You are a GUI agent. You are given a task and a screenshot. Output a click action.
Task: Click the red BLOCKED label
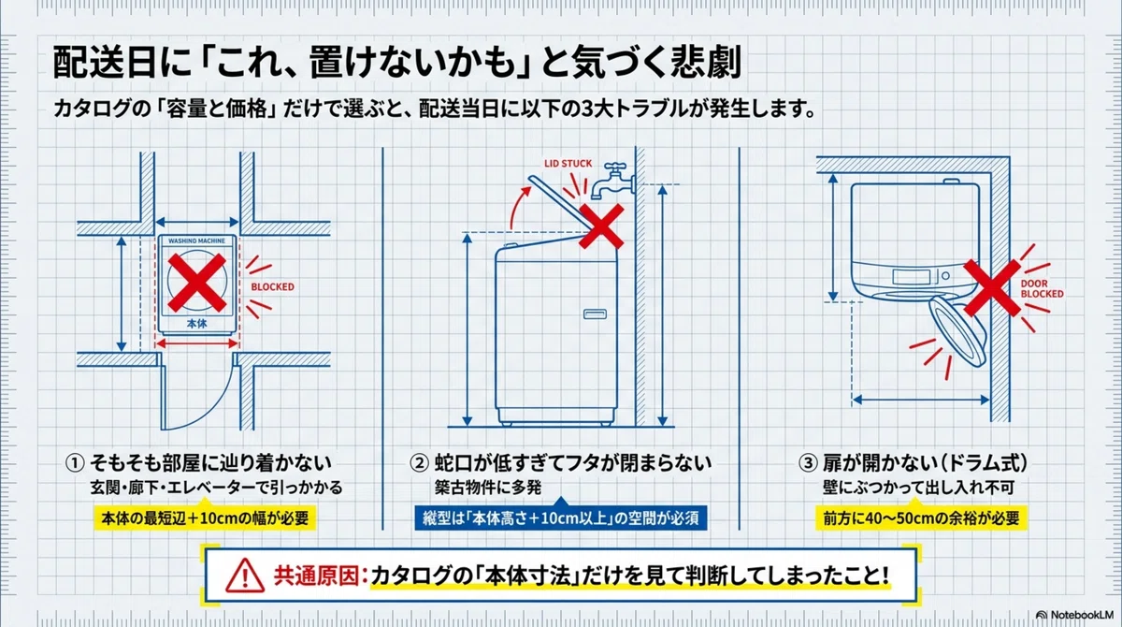click(272, 286)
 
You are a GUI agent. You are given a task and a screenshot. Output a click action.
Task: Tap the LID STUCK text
click(568, 164)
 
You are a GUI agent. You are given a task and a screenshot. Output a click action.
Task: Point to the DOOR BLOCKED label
click(1042, 288)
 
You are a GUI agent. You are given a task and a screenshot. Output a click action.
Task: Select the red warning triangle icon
click(245, 576)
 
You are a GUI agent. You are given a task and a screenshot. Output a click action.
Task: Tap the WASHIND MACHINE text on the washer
click(197, 241)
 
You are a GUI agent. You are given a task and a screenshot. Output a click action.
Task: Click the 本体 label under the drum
click(197, 324)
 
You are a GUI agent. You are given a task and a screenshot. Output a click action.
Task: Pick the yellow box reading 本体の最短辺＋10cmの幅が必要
click(205, 518)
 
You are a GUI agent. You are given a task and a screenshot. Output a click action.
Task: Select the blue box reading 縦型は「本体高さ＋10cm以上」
click(561, 518)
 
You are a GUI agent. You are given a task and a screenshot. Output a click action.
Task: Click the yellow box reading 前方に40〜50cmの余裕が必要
click(921, 518)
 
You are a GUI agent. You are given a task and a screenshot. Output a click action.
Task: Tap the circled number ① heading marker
click(75, 463)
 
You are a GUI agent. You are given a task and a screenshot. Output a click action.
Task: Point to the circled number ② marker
click(419, 463)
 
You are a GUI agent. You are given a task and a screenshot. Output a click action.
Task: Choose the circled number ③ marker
click(808, 463)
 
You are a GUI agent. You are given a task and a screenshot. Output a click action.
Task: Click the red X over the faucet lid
click(601, 226)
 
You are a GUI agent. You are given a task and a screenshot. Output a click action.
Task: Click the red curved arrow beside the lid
click(518, 207)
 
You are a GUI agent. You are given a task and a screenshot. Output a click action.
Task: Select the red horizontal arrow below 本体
click(197, 343)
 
